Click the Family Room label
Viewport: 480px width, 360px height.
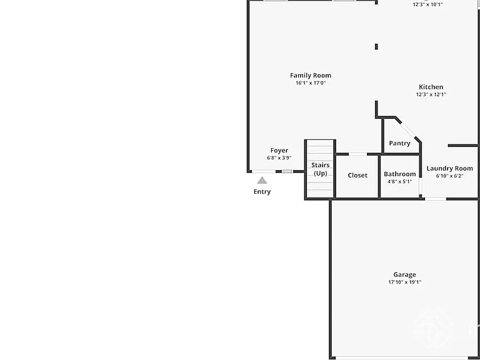311,75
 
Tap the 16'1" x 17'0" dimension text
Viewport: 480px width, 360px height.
311,83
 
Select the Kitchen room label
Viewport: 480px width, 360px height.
431,87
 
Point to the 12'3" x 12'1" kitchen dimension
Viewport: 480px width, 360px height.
431,94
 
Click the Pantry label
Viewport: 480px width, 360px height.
399,143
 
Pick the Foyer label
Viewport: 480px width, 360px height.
279,150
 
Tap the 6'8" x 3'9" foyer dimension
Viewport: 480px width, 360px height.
279,158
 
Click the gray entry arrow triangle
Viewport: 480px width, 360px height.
262,180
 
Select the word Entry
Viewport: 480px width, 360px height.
262,192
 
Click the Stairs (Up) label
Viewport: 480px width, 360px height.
320,169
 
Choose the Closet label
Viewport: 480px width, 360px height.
357,176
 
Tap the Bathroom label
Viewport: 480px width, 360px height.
400,174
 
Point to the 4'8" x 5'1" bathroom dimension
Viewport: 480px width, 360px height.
400,181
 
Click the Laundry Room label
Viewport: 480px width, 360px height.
450,168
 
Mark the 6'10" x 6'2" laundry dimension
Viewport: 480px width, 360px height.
450,176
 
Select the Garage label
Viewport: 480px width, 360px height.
405,274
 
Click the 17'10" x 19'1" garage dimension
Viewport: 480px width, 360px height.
405,282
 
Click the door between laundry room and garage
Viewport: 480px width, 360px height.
436,199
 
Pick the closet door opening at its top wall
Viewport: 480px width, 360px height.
358,154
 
